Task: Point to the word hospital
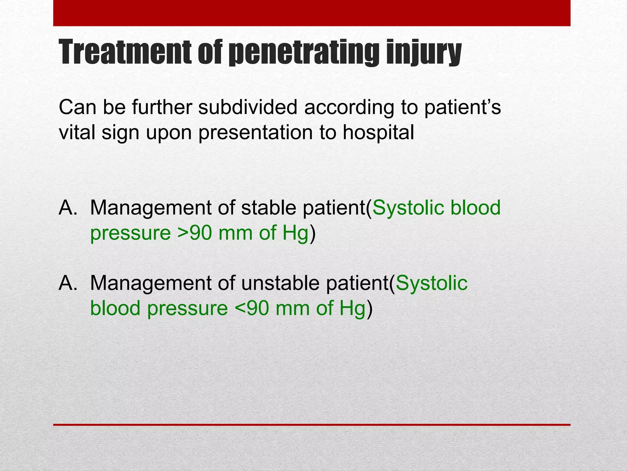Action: pyautogui.click(x=378, y=132)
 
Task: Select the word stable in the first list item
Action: pyautogui.click(x=268, y=208)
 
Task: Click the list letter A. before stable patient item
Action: pyautogui.click(x=68, y=208)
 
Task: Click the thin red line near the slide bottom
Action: pyautogui.click(x=312, y=425)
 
